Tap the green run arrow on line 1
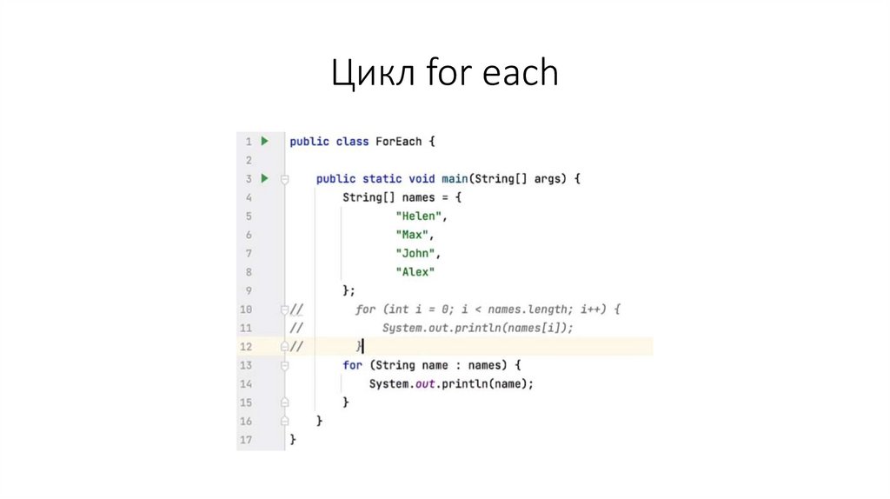(265, 141)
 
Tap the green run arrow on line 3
(265, 178)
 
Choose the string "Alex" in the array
(415, 272)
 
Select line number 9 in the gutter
(249, 290)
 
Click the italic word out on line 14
(426, 383)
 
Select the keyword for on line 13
(352, 365)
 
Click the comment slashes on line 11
(296, 328)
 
